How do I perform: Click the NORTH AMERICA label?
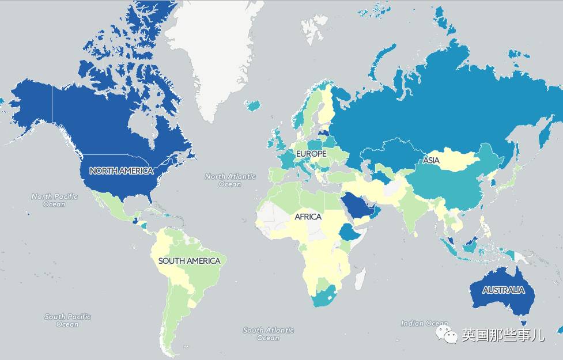tap(121, 170)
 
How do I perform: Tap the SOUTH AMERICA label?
tap(189, 261)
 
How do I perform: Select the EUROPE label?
tap(311, 154)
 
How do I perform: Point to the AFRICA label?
tap(308, 217)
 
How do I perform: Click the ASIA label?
tap(431, 161)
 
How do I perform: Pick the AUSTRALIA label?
tap(504, 290)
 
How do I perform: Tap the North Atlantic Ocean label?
tap(230, 180)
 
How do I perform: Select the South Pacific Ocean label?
tap(67, 320)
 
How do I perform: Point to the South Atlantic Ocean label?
tap(269, 334)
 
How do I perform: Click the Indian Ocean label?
tap(424, 324)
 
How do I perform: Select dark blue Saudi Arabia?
tap(356, 206)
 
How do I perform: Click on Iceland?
tap(252, 105)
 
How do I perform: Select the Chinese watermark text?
tap(503, 335)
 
